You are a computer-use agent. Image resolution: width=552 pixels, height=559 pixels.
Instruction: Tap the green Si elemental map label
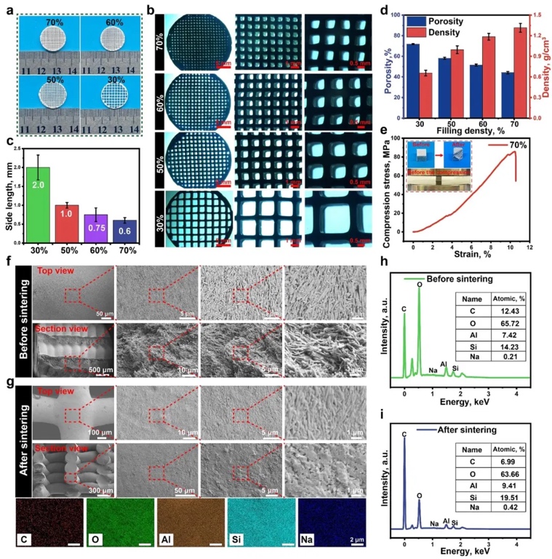(x=240, y=542)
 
